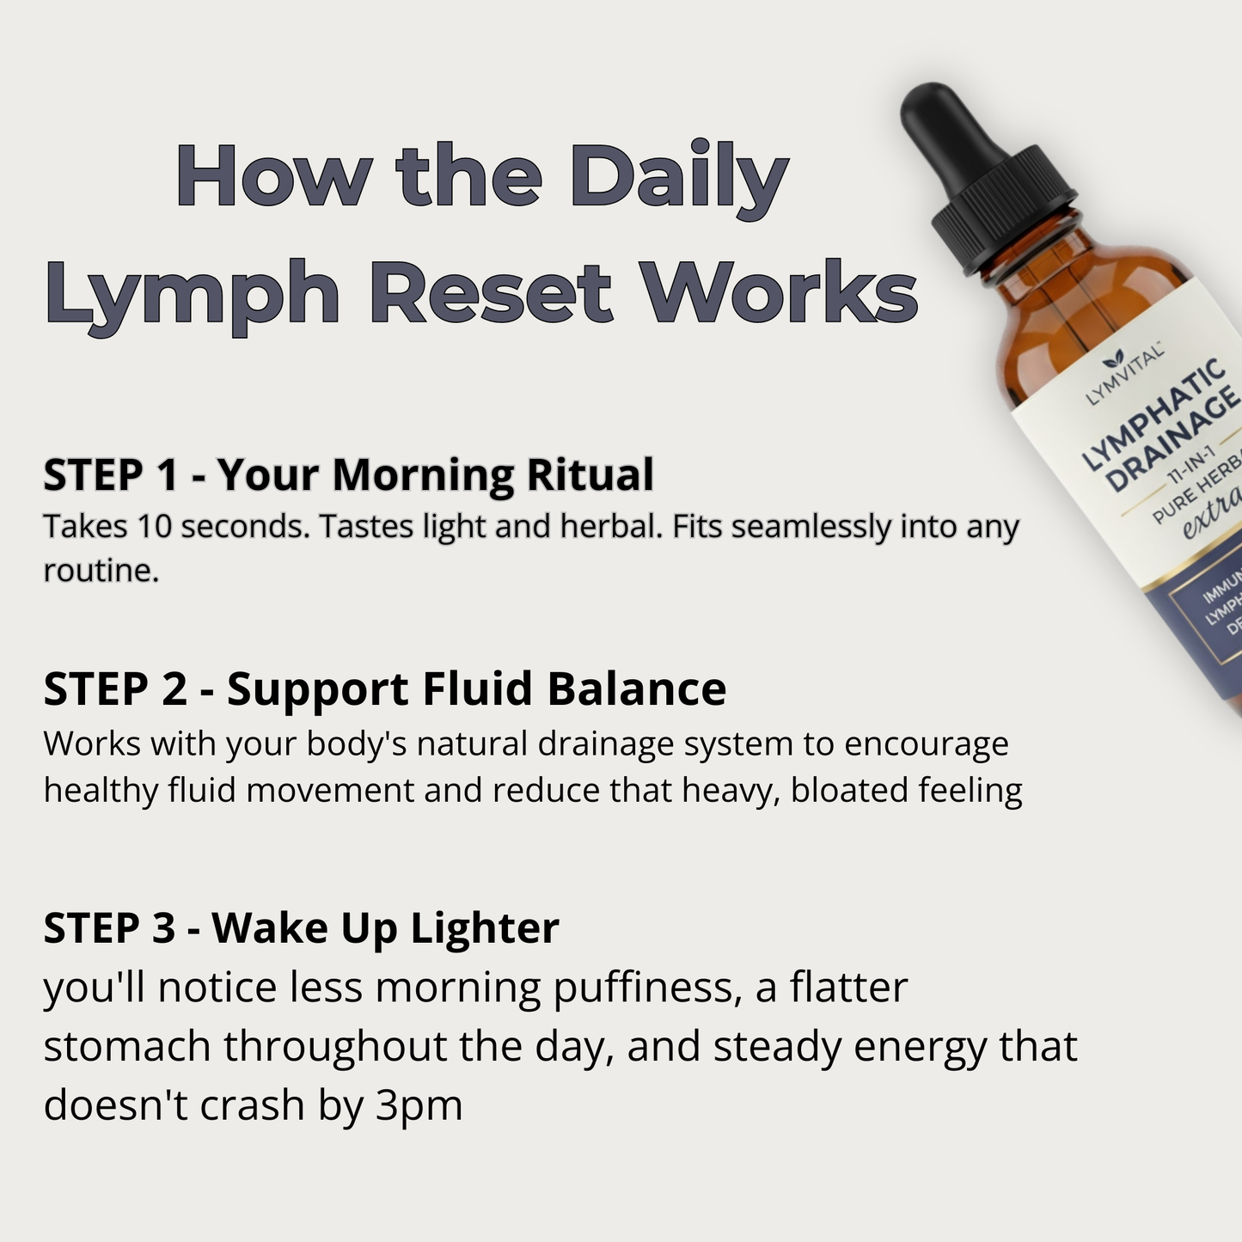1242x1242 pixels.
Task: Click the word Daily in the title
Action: [678, 178]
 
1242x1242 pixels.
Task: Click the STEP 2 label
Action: [114, 689]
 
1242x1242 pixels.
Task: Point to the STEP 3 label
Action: [109, 928]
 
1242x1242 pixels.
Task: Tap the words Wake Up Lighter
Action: [385, 928]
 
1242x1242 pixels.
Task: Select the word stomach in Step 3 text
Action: [127, 1047]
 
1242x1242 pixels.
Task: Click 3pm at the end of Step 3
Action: [419, 1105]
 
